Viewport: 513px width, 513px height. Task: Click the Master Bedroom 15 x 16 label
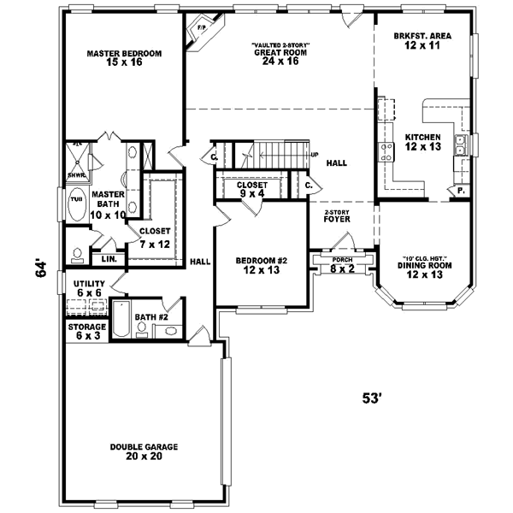coord(125,58)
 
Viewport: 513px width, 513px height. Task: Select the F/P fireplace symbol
coord(203,28)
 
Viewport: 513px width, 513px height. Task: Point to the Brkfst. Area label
coord(422,41)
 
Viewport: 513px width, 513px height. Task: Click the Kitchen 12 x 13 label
coord(422,142)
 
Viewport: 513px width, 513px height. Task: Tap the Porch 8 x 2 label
coord(341,264)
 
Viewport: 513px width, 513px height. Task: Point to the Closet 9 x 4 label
coord(252,189)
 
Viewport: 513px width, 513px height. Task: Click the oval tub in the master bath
coord(77,203)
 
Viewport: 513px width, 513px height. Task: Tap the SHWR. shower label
coord(77,176)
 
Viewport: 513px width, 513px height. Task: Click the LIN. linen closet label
coord(109,258)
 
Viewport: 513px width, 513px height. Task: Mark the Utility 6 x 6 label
coord(88,288)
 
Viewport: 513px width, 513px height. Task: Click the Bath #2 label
coord(150,316)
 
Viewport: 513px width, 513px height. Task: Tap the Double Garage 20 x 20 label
coord(142,451)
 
